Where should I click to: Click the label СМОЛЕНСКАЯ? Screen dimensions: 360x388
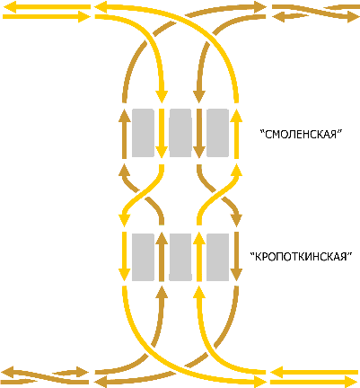click(301, 134)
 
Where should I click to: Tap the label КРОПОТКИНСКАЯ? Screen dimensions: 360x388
click(301, 257)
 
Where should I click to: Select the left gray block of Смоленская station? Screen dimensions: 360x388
click(143, 133)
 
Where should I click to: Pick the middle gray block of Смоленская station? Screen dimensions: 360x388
click(180, 133)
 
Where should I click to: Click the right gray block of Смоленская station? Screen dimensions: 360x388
click(217, 133)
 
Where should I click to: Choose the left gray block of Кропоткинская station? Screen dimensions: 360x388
click(143, 257)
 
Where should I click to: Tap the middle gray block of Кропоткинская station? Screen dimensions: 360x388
click(180, 257)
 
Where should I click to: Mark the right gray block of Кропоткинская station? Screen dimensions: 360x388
click(217, 257)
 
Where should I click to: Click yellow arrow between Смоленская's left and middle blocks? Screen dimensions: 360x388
click(162, 134)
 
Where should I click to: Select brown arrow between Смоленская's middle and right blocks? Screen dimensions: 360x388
click(199, 134)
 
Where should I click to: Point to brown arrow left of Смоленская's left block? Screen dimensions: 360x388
click(125, 134)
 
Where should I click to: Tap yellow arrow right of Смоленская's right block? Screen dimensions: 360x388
click(236, 134)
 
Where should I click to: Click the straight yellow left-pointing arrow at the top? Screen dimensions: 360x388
click(47, 7)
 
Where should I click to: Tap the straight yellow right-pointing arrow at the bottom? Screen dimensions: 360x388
click(314, 382)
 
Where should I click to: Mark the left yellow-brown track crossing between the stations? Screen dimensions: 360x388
click(143, 195)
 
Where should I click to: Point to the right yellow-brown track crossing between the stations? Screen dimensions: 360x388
click(217, 195)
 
